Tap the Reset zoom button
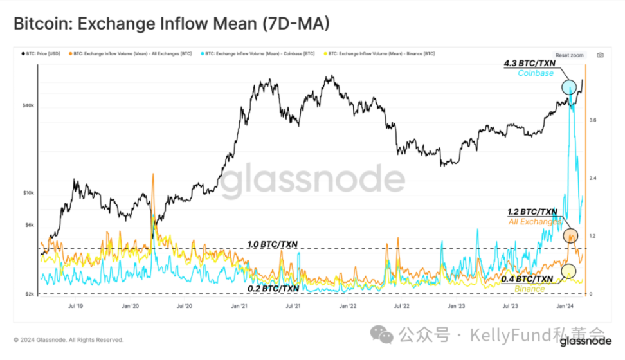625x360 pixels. (570, 55)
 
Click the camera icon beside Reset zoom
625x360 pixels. (600, 55)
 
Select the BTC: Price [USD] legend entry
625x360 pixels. (42, 53)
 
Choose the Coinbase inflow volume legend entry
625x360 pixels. (260, 53)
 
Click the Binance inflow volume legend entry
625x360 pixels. (380, 53)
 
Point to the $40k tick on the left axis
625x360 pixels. (28, 105)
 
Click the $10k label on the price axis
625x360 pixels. (28, 193)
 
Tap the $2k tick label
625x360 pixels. (29, 294)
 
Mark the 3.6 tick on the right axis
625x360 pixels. (592, 120)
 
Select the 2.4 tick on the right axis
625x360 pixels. (592, 178)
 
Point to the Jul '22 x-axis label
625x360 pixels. (403, 307)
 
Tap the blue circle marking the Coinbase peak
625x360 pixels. (569, 87)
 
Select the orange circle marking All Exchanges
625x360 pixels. (570, 236)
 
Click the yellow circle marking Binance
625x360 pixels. (568, 271)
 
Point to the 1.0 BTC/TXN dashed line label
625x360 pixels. (273, 244)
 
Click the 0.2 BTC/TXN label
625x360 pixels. (273, 289)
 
